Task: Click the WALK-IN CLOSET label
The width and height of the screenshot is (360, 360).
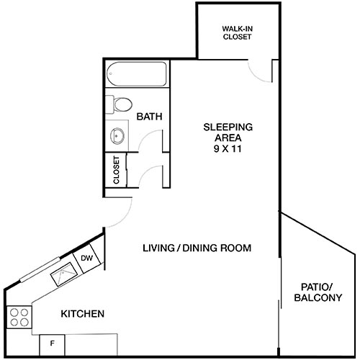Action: (x=236, y=32)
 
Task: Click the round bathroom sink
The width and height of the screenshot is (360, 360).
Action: (x=117, y=134)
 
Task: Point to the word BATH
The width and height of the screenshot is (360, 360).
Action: (x=149, y=116)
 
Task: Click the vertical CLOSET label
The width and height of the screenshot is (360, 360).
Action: (x=117, y=171)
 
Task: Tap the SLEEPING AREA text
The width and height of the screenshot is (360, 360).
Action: (x=227, y=132)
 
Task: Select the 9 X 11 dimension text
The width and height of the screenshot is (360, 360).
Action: (x=227, y=148)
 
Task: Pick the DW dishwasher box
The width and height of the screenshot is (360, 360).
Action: (x=86, y=258)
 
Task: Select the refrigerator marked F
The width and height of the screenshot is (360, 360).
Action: (x=52, y=344)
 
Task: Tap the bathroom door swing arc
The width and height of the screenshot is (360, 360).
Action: (x=150, y=141)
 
